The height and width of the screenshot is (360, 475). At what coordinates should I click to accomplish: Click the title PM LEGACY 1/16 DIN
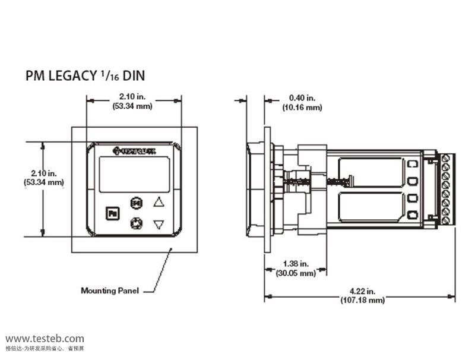[85, 76]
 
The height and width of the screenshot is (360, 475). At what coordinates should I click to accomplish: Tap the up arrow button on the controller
[159, 202]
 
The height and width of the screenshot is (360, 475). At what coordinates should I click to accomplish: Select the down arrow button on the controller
[159, 225]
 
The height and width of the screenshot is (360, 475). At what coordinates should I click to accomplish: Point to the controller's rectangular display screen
[126, 173]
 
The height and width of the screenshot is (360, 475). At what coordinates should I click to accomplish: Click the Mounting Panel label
[110, 290]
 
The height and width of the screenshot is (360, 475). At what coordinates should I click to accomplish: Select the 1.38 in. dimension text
[295, 264]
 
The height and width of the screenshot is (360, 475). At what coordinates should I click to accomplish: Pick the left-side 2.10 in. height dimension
[44, 173]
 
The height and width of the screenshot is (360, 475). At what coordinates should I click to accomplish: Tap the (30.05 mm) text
[296, 273]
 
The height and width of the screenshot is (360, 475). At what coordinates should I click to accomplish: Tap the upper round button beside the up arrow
[136, 203]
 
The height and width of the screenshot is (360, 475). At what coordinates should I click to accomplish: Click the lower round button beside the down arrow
[135, 224]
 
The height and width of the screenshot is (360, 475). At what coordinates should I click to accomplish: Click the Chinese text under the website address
[45, 348]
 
